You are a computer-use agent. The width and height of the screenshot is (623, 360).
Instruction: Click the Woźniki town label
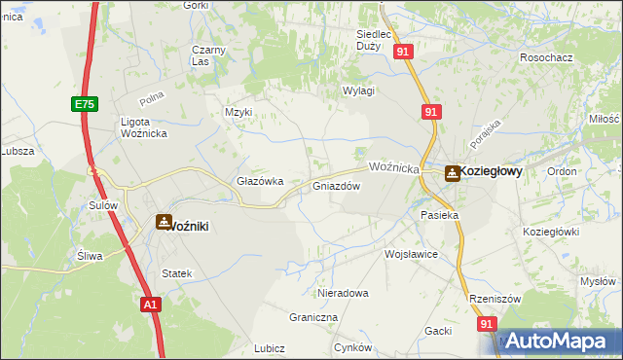pos(190,226)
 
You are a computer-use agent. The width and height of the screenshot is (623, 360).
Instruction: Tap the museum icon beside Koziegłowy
pos(453,173)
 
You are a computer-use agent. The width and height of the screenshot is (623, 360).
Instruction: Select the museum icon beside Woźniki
pos(164,222)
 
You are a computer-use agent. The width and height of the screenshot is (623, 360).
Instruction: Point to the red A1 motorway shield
pos(149,305)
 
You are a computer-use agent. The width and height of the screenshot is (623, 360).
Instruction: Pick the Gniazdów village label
pos(337,186)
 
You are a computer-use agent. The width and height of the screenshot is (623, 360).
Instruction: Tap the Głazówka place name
pos(260,181)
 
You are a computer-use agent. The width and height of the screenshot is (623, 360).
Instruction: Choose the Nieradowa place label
pos(343,292)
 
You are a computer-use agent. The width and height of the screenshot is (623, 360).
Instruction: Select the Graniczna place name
pos(313,317)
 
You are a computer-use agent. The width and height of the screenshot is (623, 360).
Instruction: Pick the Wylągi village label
pos(358,90)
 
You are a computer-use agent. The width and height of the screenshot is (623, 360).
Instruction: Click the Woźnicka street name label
pos(394,167)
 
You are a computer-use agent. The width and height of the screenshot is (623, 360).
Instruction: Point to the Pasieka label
pos(438,214)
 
